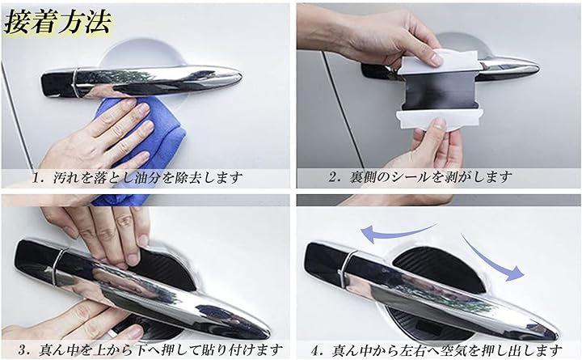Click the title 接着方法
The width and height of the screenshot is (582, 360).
(57, 23)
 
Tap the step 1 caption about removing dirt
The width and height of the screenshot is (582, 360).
(137, 178)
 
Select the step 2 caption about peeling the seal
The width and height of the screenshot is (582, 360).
(420, 177)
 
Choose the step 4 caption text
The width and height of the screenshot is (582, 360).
(436, 349)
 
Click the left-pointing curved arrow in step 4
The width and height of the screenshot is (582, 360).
(399, 233)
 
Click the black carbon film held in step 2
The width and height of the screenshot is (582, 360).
(437, 91)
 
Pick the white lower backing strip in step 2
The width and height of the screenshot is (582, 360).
(440, 119)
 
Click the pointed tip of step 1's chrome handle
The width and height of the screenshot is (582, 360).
(241, 77)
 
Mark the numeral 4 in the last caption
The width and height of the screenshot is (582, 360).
(314, 350)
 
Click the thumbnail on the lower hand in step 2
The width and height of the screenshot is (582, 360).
(440, 124)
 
